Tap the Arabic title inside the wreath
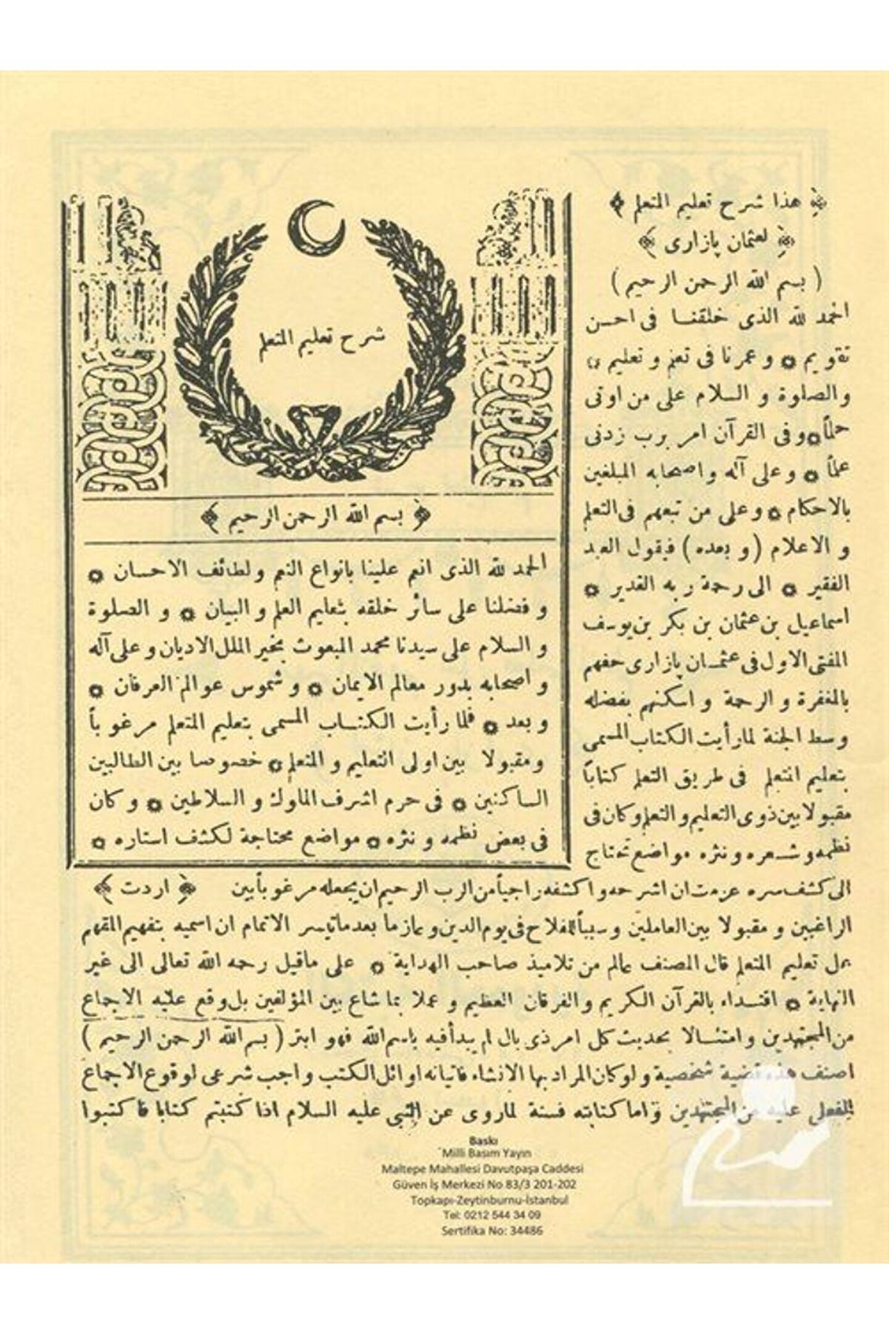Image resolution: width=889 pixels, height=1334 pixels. point(321,337)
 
